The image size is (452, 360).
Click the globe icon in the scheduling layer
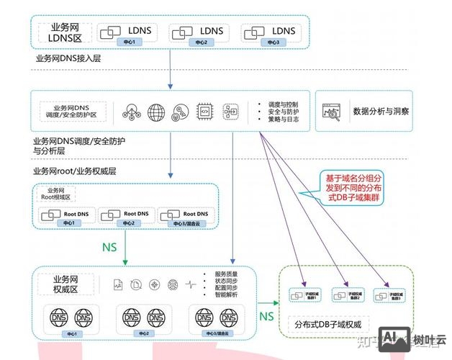[156, 112]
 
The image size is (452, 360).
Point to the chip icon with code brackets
[204, 112]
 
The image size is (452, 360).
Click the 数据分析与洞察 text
[381, 112]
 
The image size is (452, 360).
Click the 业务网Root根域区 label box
[57, 193]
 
